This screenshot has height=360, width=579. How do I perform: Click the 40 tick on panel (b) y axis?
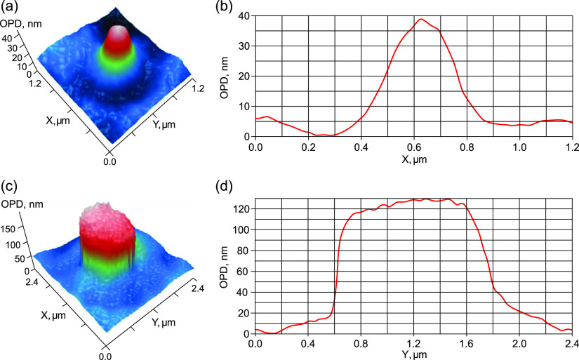coord(246,15)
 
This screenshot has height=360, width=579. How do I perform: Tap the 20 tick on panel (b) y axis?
coord(246,76)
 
